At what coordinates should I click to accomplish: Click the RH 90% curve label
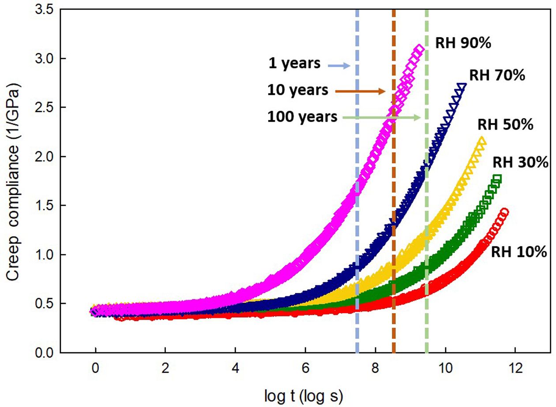tap(463, 43)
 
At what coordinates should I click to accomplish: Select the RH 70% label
tap(496, 75)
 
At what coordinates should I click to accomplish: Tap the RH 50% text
tap(505, 125)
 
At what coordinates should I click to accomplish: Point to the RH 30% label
tap(520, 162)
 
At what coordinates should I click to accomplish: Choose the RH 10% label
tap(519, 252)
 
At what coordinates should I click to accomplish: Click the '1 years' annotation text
tap(295, 63)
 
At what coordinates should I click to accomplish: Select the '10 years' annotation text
tap(298, 90)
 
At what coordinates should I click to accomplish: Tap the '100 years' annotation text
tap(302, 117)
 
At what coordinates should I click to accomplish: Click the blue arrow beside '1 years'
tap(339, 66)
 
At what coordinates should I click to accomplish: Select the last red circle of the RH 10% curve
tap(504, 212)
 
